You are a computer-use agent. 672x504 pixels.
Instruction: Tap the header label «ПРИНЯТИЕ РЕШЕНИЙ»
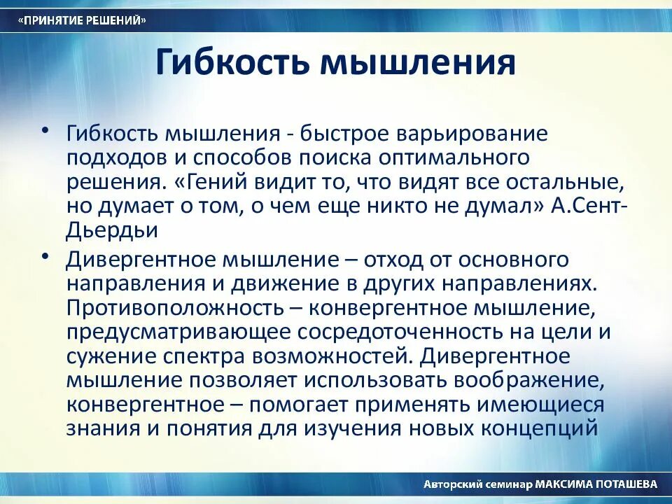83,21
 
